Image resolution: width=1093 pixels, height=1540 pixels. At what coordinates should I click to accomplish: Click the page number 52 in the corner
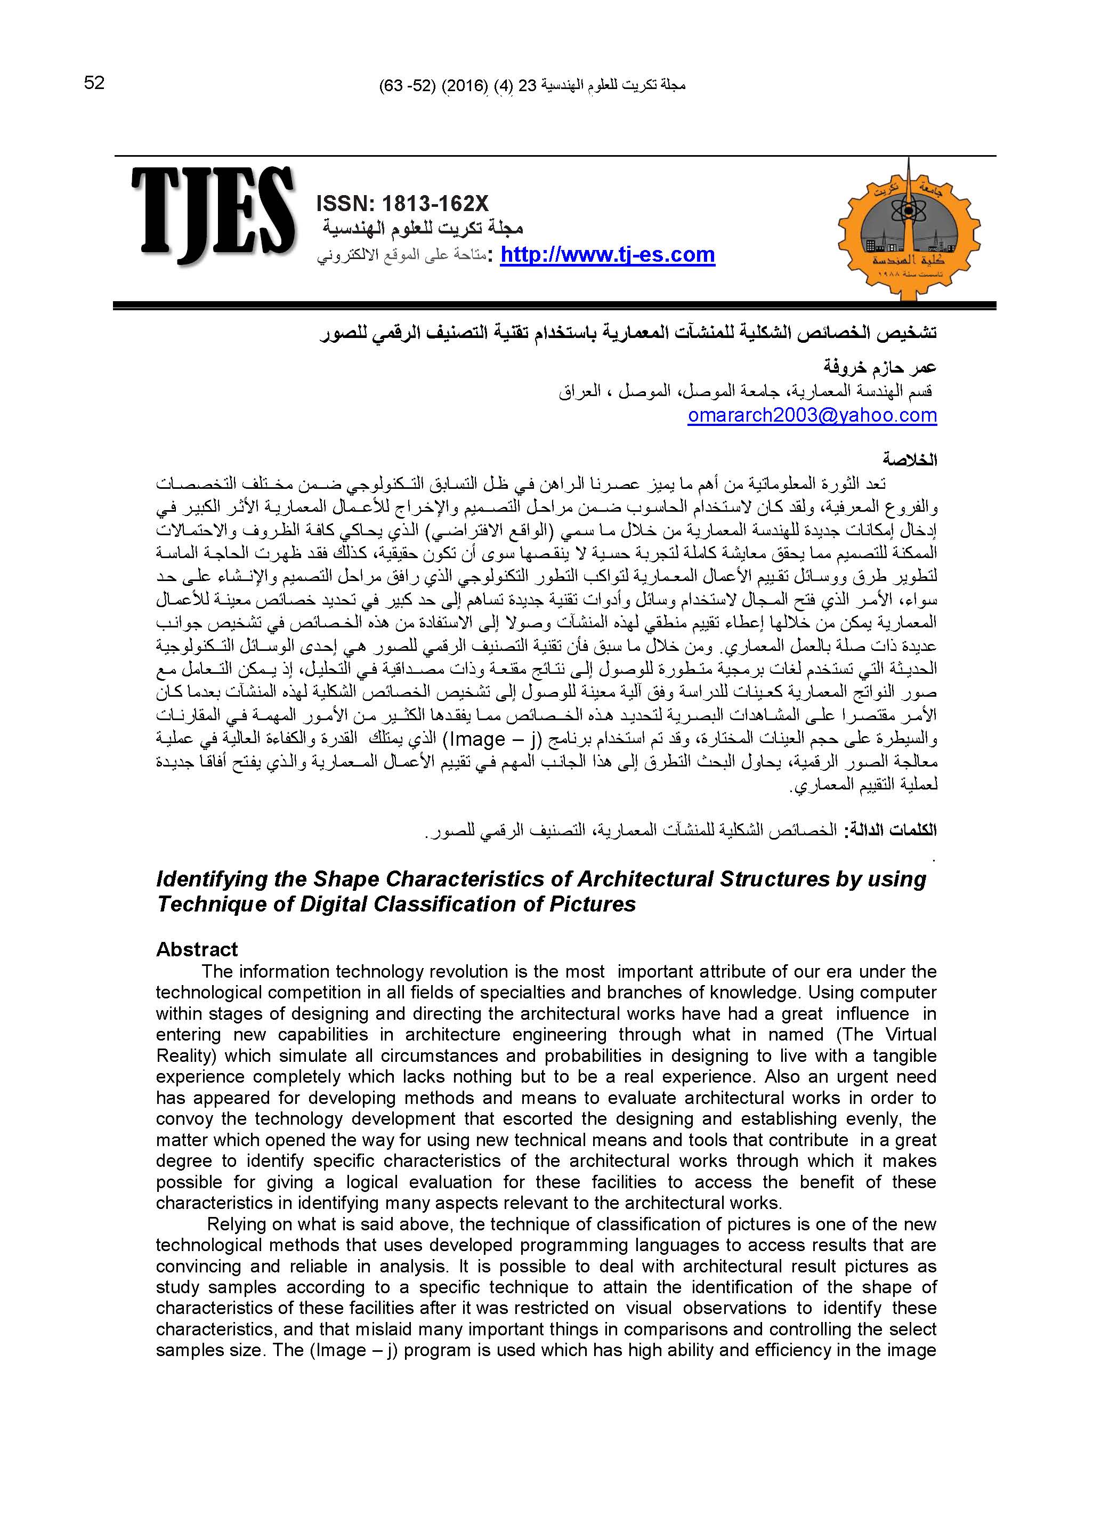pos(94,83)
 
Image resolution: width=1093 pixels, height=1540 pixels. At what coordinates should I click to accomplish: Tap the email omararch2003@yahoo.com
pos(812,415)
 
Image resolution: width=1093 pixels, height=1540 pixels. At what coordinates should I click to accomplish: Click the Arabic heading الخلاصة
pos(910,461)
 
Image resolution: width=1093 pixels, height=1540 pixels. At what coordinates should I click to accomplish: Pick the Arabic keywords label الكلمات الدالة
pos(894,830)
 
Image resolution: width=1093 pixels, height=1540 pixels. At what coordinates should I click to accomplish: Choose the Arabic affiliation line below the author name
pos(747,392)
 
